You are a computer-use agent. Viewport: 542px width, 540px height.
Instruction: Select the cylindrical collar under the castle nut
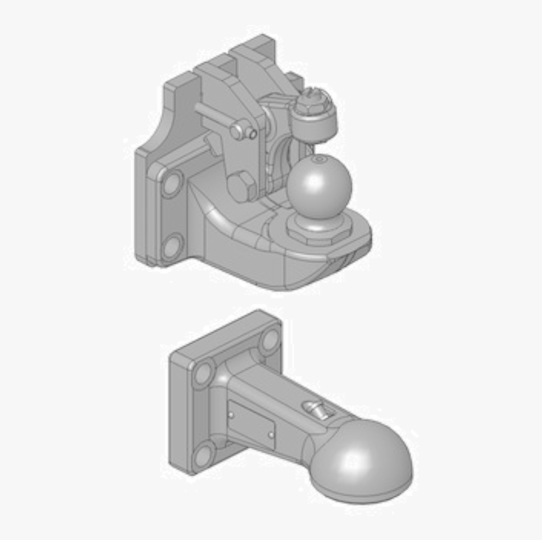click(315, 123)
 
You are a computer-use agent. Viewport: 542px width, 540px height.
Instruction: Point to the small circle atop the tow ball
click(320, 160)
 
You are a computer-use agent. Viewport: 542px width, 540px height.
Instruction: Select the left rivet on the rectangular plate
click(232, 415)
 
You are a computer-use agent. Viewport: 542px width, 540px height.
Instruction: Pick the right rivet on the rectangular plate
click(272, 435)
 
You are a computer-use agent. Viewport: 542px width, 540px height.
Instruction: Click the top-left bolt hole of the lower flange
click(203, 372)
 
